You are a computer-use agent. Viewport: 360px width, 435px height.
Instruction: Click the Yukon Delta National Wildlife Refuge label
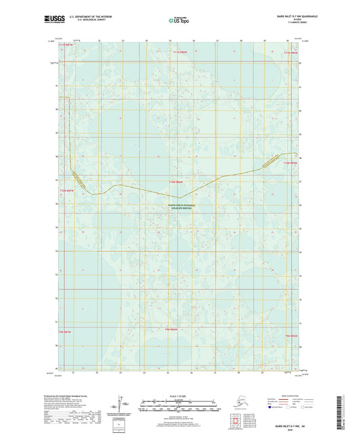point(179,208)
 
